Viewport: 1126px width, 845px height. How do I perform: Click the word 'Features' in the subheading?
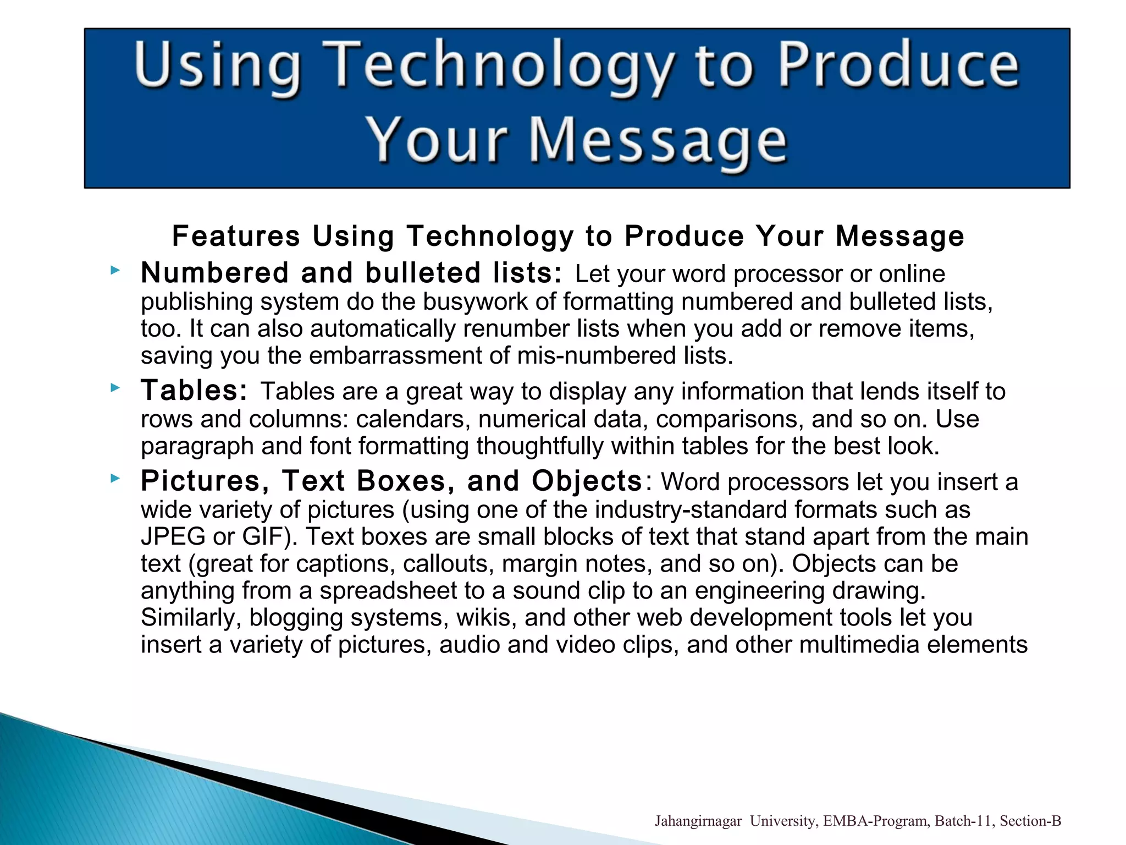coord(236,236)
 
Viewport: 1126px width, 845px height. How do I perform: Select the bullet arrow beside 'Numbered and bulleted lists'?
coord(114,270)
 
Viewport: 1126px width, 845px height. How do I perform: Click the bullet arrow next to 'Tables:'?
coord(114,388)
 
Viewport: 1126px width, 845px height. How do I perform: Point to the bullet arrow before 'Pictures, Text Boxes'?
coord(114,478)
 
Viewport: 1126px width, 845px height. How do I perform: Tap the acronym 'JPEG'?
coord(173,536)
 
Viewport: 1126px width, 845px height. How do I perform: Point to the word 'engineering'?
coord(759,590)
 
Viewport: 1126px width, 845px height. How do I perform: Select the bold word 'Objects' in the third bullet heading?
coord(587,481)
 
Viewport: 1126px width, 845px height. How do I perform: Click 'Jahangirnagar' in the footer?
coord(698,821)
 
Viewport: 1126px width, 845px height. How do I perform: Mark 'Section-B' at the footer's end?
coord(1030,821)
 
